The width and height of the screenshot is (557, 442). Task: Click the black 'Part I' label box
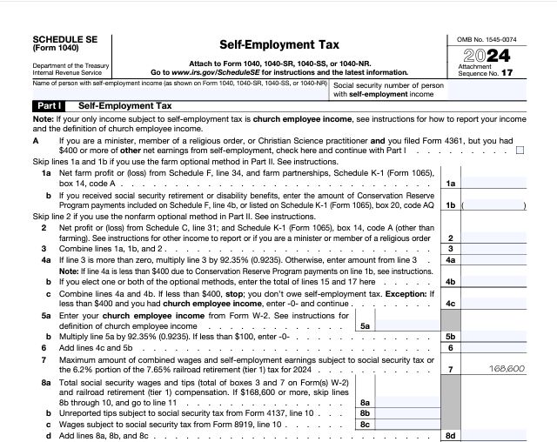click(49, 105)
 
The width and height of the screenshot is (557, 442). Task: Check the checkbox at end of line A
click(520, 150)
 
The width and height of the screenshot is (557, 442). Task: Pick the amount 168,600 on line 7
click(507, 369)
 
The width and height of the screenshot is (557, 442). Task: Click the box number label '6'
click(450, 346)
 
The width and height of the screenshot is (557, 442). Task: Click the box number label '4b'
click(450, 281)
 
